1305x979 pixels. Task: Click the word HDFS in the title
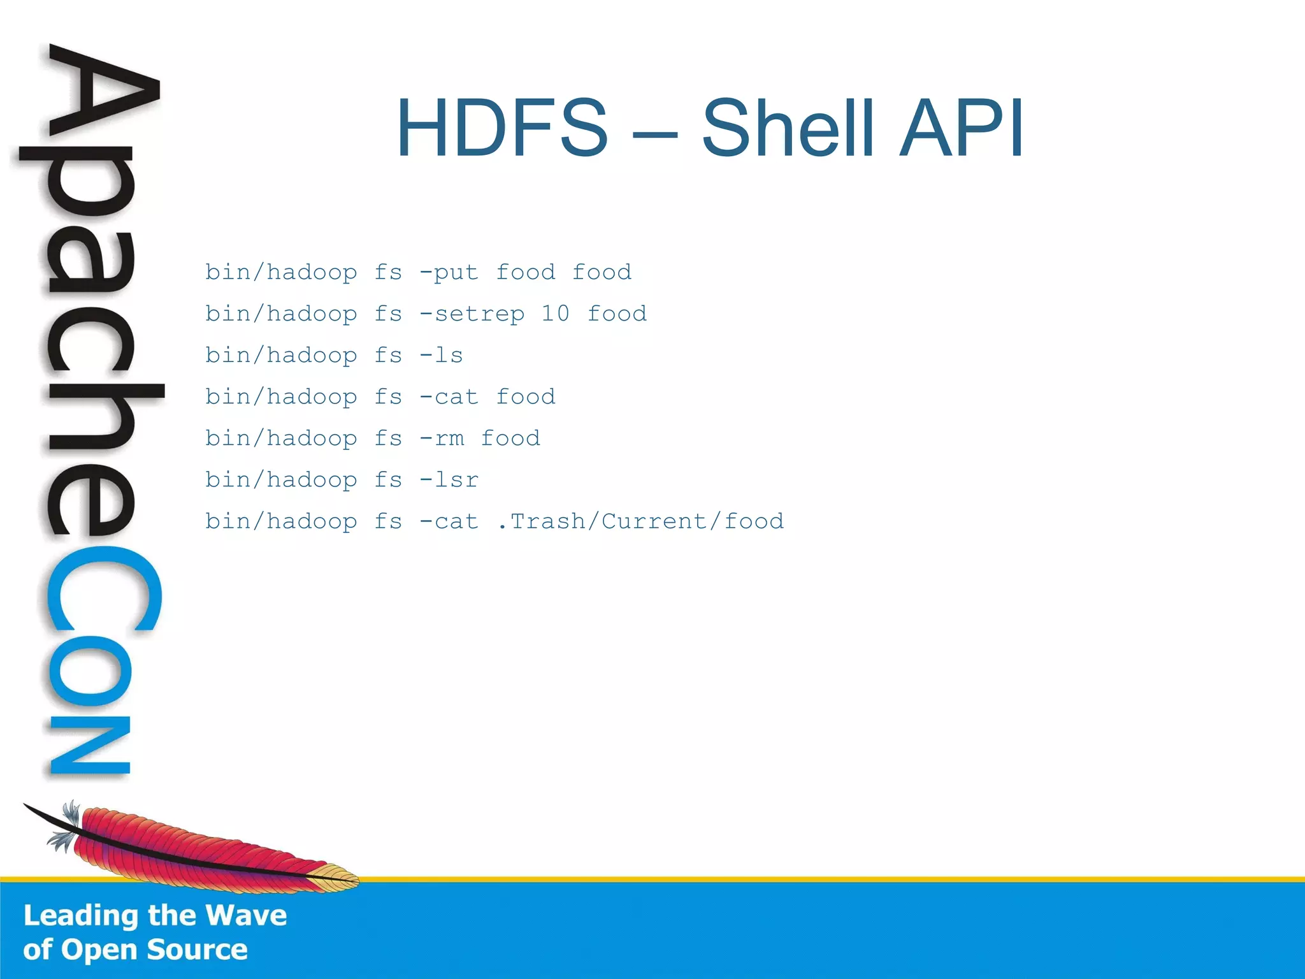click(x=502, y=128)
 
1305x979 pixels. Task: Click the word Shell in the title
click(x=788, y=128)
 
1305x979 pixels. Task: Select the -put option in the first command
click(x=449, y=273)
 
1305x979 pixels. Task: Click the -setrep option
click(x=472, y=314)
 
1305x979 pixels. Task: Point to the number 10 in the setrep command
click(x=555, y=314)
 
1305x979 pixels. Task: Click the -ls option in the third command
click(x=441, y=355)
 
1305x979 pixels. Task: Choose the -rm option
click(x=441, y=439)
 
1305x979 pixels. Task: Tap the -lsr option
click(x=449, y=480)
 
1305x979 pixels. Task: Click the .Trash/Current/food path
click(x=640, y=521)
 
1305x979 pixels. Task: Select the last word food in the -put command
click(x=602, y=273)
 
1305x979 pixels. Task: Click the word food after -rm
click(x=510, y=439)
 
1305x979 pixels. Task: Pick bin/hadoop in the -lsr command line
click(x=280, y=480)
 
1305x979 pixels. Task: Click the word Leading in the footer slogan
click(x=81, y=916)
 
